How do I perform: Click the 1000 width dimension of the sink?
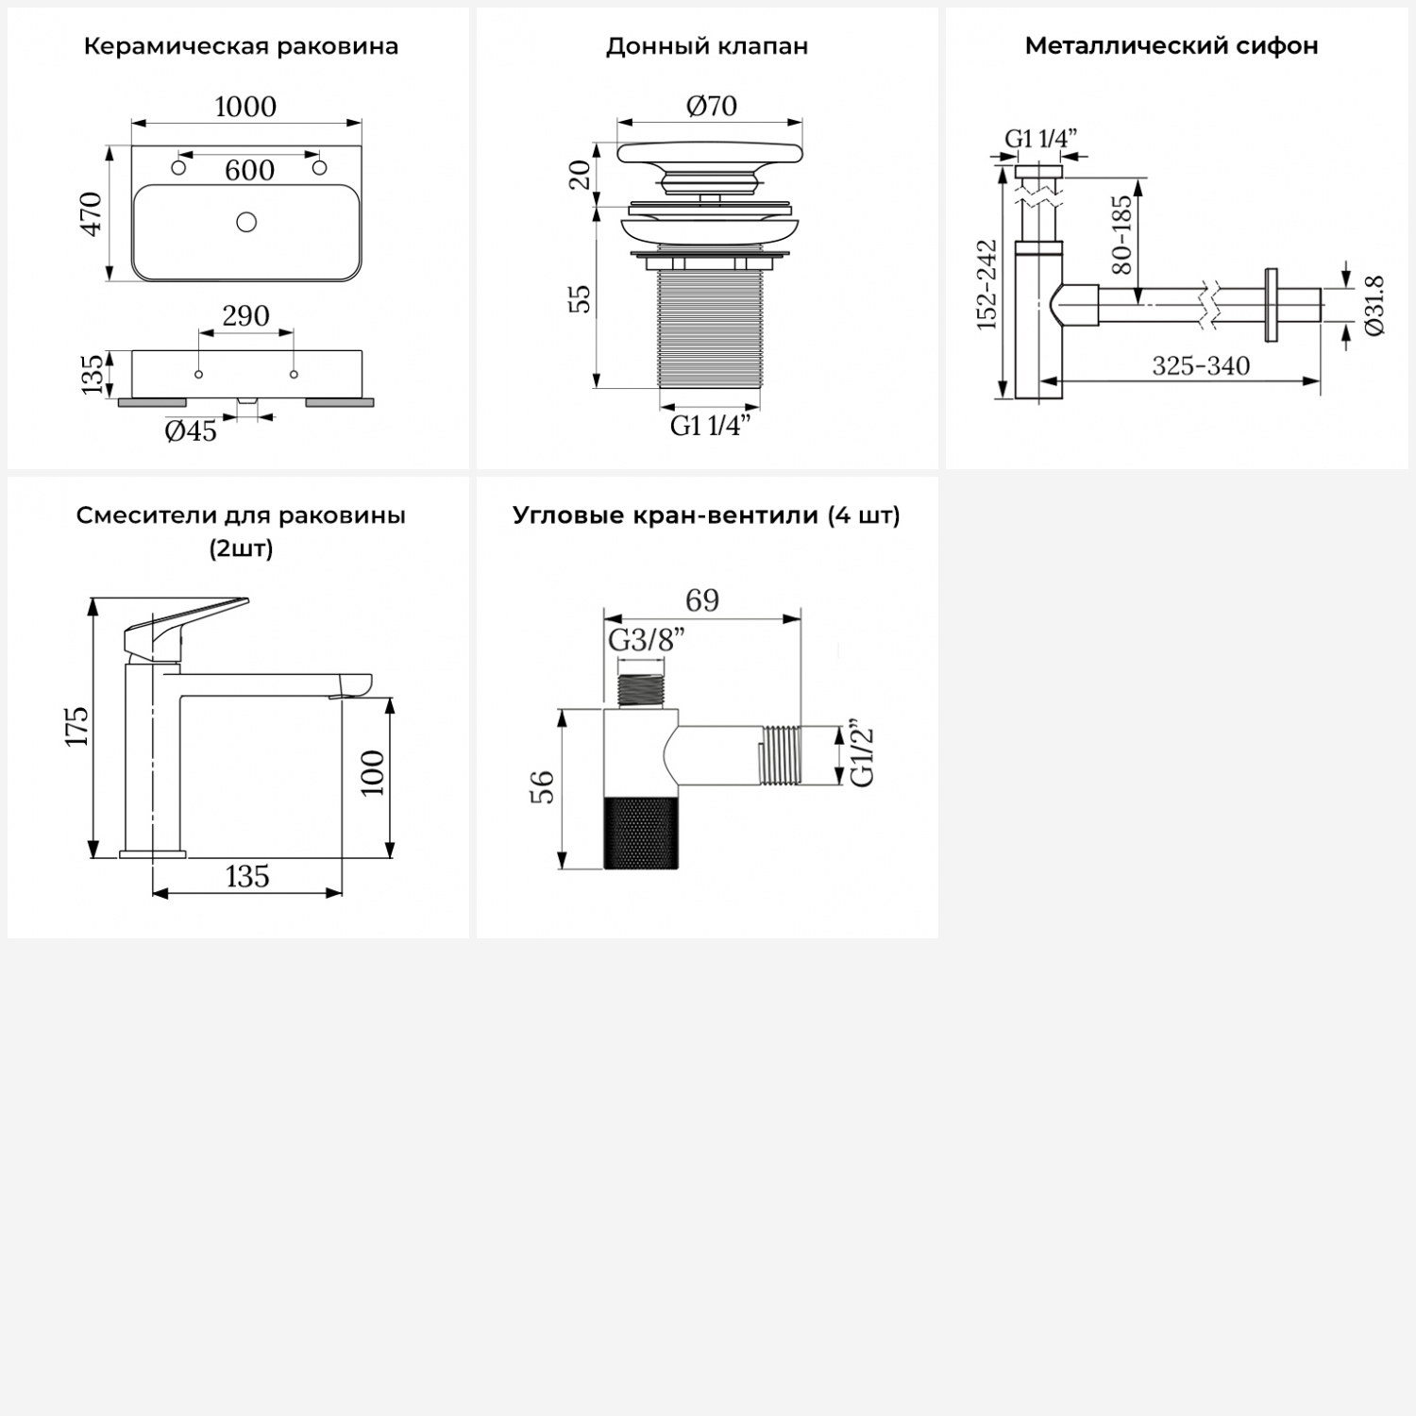pos(245,107)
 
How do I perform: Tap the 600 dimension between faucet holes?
pos(249,170)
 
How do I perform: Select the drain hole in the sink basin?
pos(246,223)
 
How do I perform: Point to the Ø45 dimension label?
pos(191,431)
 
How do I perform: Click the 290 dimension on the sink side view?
pos(245,315)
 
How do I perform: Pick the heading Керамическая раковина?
pos(241,46)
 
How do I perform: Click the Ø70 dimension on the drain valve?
pos(711,106)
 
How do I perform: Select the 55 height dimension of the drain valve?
pos(582,298)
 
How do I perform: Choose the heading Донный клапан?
pos(707,46)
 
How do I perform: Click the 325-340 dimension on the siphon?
pos(1201,366)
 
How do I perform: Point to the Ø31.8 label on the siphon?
pos(1374,306)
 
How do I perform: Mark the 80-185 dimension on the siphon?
pos(1121,234)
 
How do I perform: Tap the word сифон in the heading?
pos(1277,46)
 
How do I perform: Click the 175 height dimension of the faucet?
pos(76,726)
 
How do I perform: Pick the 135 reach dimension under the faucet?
pos(247,876)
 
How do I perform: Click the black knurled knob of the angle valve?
pos(641,832)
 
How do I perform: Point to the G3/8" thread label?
pos(646,640)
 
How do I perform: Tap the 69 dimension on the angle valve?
pos(702,600)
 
